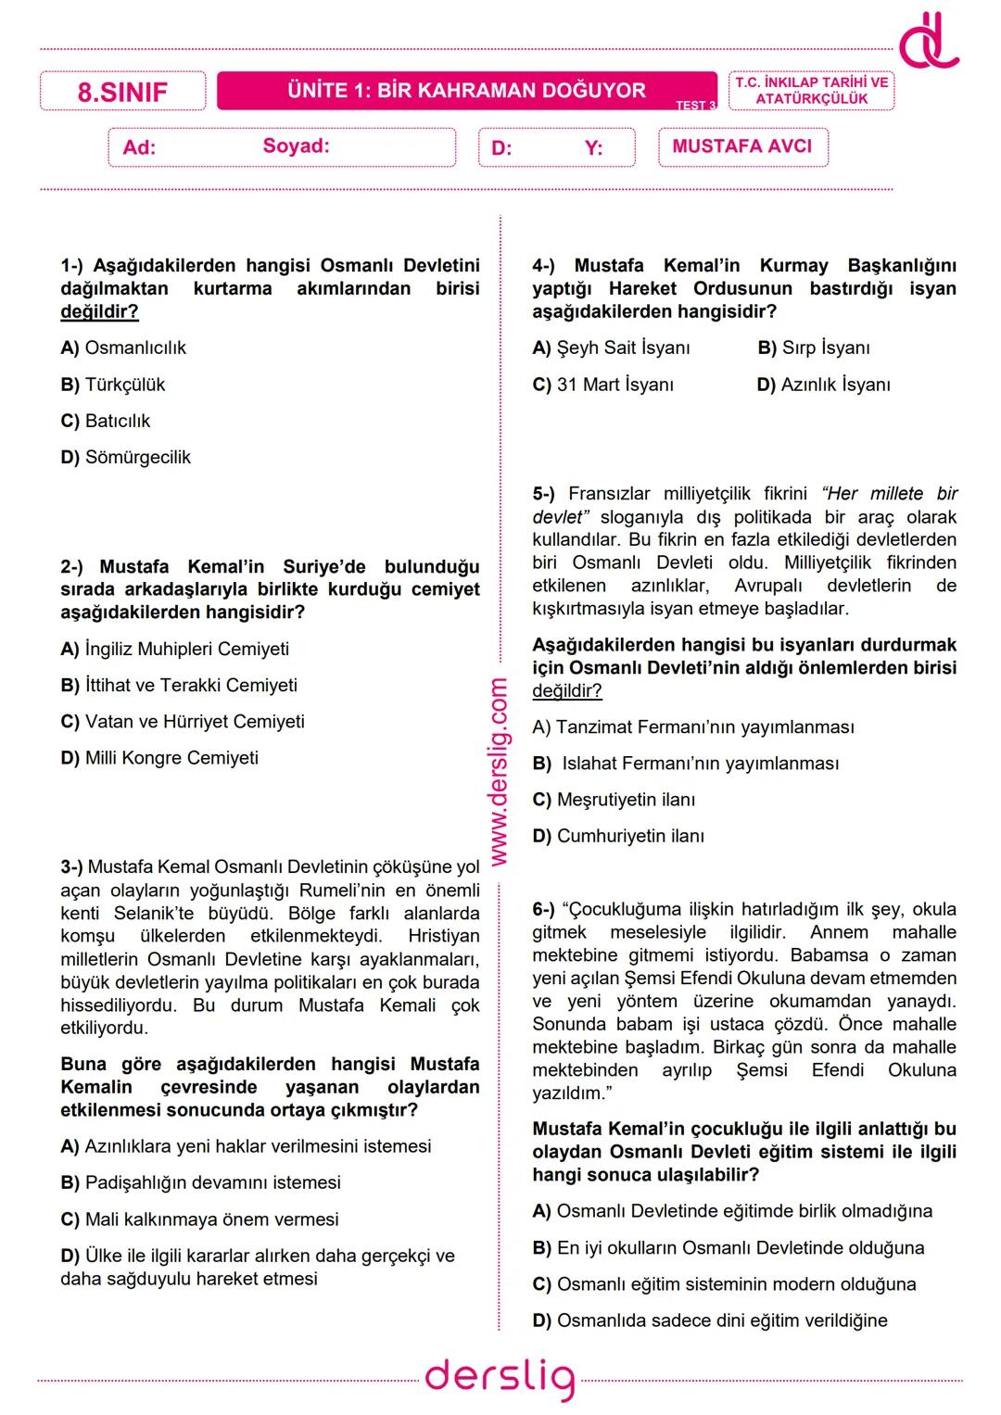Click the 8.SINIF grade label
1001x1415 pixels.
[122, 92]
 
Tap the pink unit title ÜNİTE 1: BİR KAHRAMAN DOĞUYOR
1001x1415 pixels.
[466, 91]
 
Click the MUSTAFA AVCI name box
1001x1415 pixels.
[742, 146]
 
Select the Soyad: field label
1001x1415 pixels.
[296, 145]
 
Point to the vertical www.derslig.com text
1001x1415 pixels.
[499, 772]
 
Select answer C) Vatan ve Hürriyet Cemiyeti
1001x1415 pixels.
[183, 721]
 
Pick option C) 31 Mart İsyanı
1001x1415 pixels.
[602, 385]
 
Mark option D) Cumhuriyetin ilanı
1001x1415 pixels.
[618, 836]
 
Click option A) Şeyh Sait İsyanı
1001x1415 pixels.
[611, 348]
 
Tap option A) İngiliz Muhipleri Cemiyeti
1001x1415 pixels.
[174, 649]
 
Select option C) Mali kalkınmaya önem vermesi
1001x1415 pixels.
[199, 1219]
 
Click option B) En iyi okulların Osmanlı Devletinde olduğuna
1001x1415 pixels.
[728, 1248]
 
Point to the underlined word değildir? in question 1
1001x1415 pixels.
[99, 311]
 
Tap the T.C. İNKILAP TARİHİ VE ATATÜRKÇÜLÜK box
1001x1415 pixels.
[811, 91]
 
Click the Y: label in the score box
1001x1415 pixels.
[593, 148]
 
